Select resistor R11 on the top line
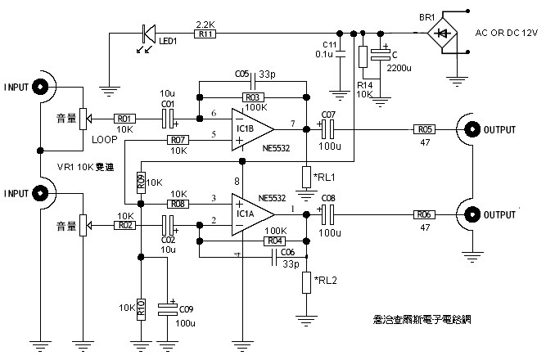click(x=204, y=34)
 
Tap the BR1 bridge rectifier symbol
click(x=442, y=34)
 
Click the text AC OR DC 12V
click(x=507, y=34)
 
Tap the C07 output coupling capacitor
click(x=327, y=128)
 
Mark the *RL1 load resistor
click(x=305, y=177)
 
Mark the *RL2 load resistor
click(x=305, y=283)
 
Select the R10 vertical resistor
click(x=141, y=308)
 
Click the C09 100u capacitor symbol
click(x=168, y=308)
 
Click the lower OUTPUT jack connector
click(x=472, y=214)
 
